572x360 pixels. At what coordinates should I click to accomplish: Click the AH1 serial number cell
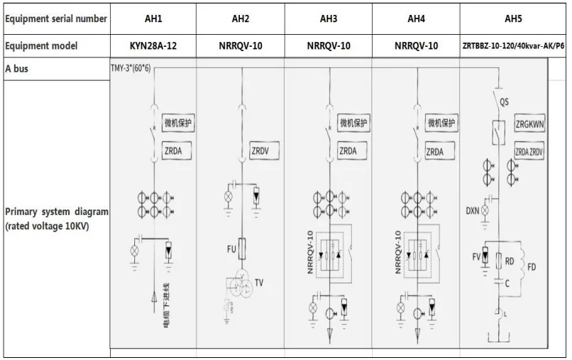[x=153, y=19]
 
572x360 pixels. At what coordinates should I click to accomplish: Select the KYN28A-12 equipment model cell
[x=153, y=46]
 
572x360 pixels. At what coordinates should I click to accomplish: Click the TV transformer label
[x=259, y=283]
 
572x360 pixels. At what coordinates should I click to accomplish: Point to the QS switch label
[x=504, y=102]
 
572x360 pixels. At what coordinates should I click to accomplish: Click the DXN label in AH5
[x=473, y=211]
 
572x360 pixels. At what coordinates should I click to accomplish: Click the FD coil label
[x=532, y=268]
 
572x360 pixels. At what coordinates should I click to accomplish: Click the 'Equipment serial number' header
[x=55, y=19]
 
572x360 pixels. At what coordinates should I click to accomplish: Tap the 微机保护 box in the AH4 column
[x=440, y=124]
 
